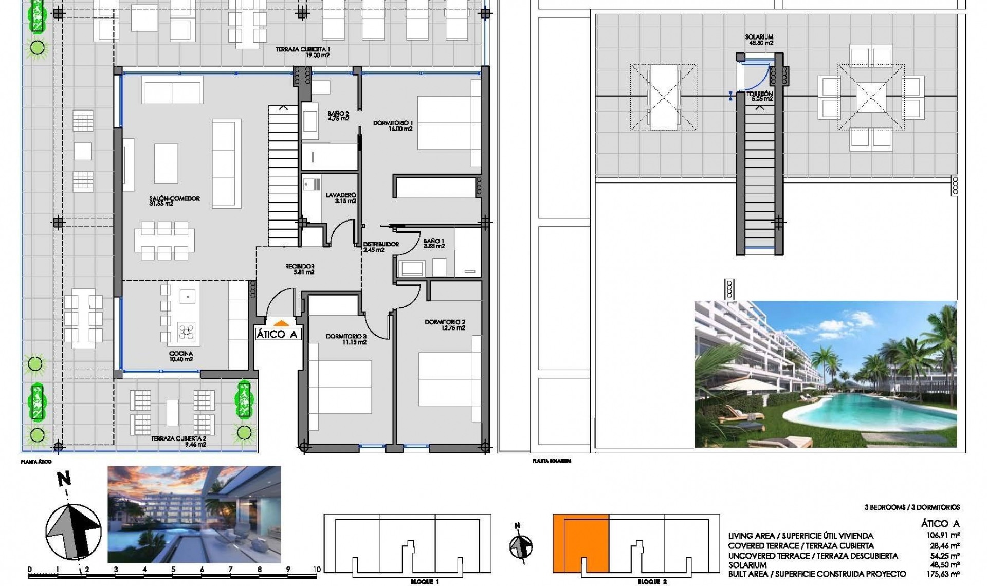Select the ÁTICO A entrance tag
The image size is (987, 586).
277,335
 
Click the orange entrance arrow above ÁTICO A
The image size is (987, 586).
281,323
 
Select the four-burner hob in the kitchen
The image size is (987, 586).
186,332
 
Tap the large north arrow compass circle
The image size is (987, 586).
73,531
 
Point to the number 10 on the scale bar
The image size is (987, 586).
317,570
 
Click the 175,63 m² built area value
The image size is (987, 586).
943,574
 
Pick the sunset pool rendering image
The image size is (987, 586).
194,514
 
